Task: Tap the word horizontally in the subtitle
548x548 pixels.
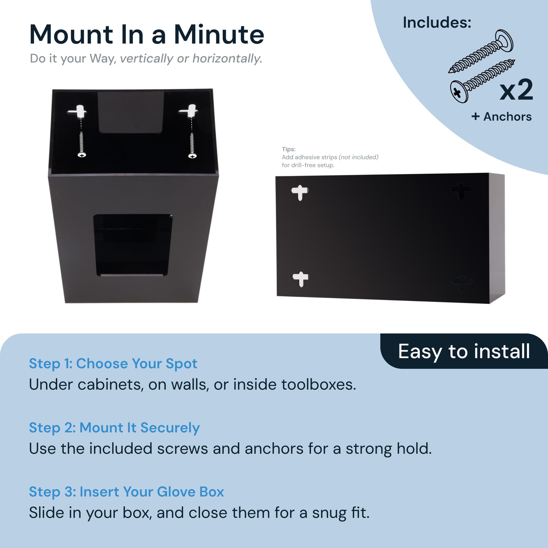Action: coord(227,58)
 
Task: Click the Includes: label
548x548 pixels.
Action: coord(437,22)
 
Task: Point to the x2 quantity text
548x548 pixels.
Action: coord(516,90)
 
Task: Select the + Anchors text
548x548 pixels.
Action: coord(501,116)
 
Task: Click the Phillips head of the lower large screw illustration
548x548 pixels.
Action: coord(457,92)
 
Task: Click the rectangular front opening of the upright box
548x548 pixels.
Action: coord(132,244)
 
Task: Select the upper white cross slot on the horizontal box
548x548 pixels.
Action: coord(300,192)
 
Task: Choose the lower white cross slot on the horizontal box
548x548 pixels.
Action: coord(300,279)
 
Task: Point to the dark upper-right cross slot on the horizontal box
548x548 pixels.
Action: coord(461,190)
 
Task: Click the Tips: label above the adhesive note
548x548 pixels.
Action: coord(289,149)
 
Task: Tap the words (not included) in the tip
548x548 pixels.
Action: coord(358,157)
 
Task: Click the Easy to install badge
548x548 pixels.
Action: coord(464,351)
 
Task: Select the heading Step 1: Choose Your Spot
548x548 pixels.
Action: coord(113,363)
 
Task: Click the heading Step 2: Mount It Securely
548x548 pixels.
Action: coord(114,427)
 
